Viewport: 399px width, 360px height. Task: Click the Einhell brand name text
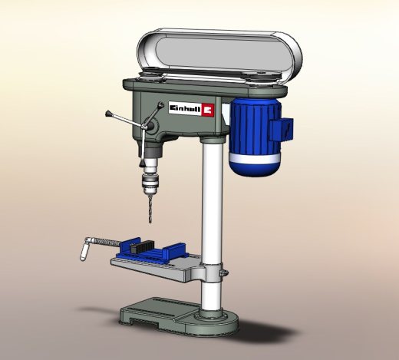click(185, 109)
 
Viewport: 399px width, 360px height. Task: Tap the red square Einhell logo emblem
click(207, 110)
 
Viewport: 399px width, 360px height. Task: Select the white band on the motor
click(254, 158)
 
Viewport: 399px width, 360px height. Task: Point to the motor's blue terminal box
click(282, 130)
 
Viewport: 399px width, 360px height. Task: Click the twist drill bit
click(150, 209)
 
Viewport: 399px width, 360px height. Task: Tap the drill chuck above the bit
click(150, 183)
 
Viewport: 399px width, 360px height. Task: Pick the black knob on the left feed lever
click(108, 114)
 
